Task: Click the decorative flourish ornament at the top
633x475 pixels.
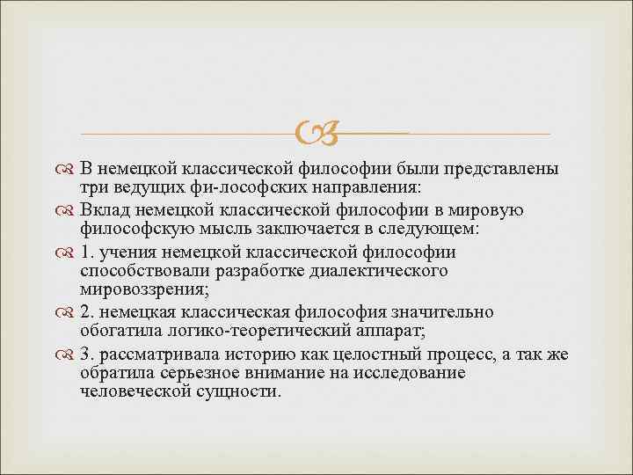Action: pos(316,133)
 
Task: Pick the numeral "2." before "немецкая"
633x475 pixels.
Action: pos(86,312)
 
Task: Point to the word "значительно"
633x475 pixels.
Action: pos(447,312)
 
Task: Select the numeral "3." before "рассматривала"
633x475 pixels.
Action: pos(86,354)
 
